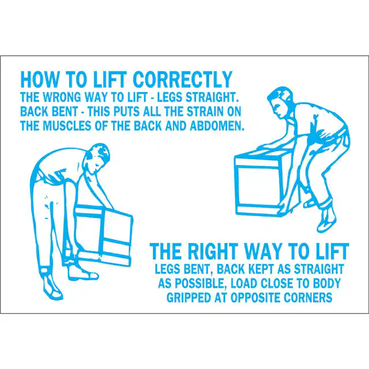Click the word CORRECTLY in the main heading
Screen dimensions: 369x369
coord(183,80)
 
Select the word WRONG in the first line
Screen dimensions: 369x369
coord(62,97)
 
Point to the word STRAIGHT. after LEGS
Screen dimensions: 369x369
coord(212,97)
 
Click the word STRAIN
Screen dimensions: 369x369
coord(205,111)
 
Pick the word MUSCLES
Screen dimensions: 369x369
coord(67,126)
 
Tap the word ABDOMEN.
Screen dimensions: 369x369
coord(217,126)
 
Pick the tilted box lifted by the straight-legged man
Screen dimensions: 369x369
coord(104,235)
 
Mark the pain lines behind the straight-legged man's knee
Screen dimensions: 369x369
coord(48,207)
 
